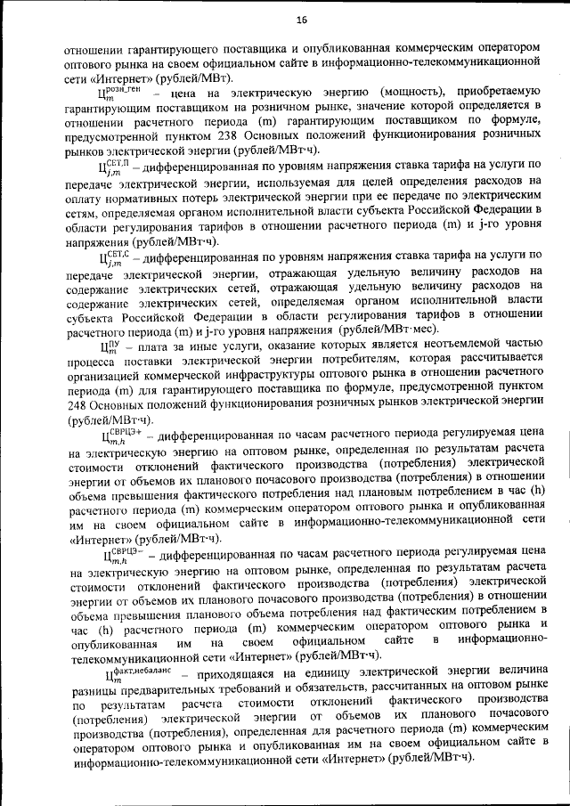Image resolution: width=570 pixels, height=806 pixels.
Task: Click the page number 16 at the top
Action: (x=301, y=20)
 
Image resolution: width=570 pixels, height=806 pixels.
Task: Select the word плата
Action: (x=155, y=348)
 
